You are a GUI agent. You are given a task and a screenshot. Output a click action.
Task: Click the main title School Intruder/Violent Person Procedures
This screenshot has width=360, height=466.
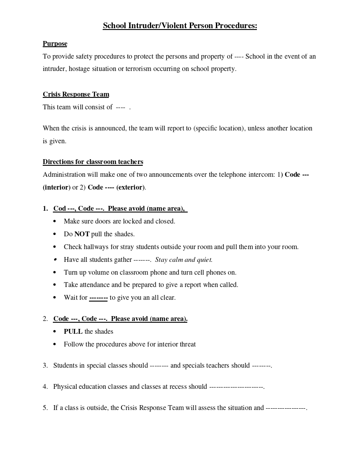[x=180, y=26]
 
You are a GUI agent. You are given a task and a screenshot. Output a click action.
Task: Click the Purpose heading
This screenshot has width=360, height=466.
[x=55, y=44]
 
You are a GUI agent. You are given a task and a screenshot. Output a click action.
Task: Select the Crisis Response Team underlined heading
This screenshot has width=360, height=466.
[x=76, y=94]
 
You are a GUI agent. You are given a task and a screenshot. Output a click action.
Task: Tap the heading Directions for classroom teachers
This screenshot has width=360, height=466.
[x=93, y=162]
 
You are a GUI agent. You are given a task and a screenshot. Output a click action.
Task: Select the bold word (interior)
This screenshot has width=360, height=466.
[x=56, y=187]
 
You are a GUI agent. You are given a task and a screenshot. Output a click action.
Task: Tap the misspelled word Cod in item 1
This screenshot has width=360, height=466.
[x=59, y=209]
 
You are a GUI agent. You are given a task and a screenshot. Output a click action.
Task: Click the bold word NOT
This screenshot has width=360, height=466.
[x=82, y=234]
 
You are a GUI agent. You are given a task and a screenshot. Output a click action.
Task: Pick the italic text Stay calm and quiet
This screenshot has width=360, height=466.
[x=184, y=260]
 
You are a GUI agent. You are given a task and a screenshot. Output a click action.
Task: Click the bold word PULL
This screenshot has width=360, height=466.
[x=73, y=332]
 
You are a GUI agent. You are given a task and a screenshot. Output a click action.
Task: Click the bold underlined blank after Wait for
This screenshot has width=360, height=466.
[x=98, y=298]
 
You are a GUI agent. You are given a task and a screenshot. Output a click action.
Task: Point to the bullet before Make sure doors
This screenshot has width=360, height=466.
[x=55, y=221]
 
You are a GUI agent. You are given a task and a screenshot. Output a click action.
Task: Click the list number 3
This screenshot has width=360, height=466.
[x=45, y=365]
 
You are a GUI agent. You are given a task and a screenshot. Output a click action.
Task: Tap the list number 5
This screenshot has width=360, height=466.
[x=45, y=408]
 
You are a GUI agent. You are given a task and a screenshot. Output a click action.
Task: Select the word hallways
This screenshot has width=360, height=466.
[x=95, y=247]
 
